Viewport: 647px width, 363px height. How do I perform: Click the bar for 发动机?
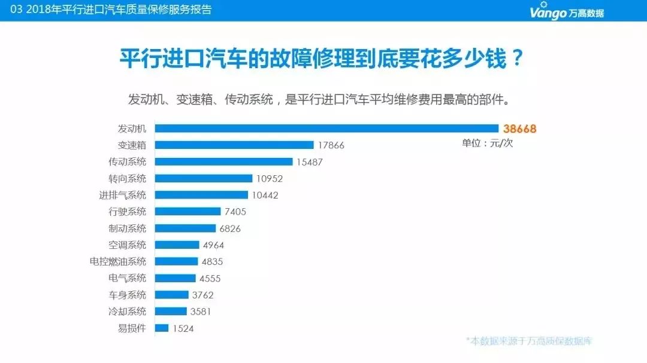coord(326,129)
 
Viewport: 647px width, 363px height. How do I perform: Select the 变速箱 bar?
coord(234,145)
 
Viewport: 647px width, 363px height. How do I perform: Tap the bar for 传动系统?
coord(223,162)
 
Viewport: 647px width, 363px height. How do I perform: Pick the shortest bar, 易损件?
coord(162,328)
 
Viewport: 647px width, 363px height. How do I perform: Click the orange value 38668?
coord(519,129)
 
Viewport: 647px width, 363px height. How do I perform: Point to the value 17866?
coord(331,145)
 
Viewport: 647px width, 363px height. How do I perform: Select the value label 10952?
coord(269,178)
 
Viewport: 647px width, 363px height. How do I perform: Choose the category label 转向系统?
coord(127,178)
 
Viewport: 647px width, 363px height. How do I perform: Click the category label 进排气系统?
coord(122,195)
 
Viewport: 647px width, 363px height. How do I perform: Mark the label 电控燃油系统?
coord(117,261)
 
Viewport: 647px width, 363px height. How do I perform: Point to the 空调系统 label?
coord(127,245)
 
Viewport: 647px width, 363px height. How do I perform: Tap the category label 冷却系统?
coord(127,312)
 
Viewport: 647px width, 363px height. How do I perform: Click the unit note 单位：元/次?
coord(487,143)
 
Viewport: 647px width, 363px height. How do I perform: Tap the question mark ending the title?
coord(517,59)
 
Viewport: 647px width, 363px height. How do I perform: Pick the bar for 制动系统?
coord(185,228)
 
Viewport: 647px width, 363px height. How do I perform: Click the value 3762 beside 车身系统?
coord(203,295)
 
